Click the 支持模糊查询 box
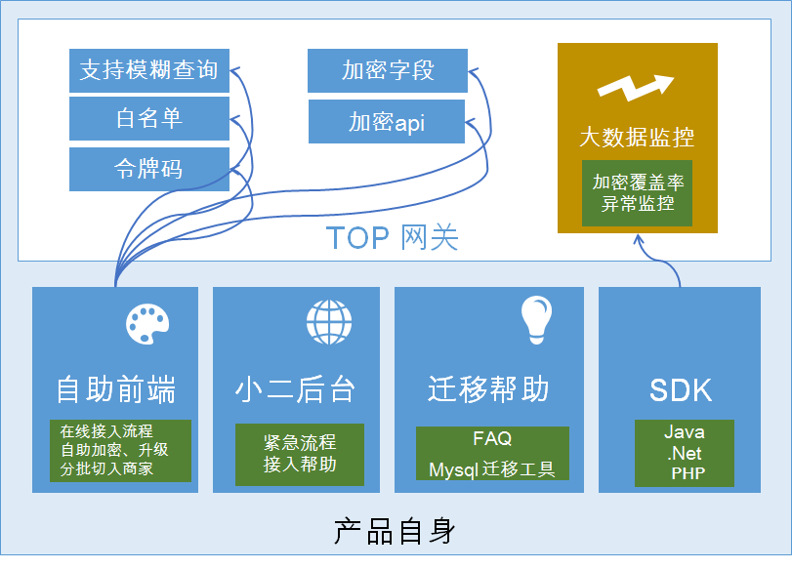[149, 70]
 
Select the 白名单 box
[149, 119]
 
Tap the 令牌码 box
[149, 169]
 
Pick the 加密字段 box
[388, 70]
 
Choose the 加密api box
[387, 122]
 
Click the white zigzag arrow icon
[636, 88]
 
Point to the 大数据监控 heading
[637, 138]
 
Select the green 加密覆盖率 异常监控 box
[637, 193]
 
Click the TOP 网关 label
[392, 237]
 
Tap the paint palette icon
[147, 324]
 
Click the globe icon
[329, 322]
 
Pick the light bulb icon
[536, 320]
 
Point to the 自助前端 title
[115, 389]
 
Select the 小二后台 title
[296, 389]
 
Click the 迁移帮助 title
[488, 388]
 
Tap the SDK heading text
[681, 390]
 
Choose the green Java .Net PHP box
[685, 453]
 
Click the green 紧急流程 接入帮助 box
[300, 455]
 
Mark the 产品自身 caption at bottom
[395, 531]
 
